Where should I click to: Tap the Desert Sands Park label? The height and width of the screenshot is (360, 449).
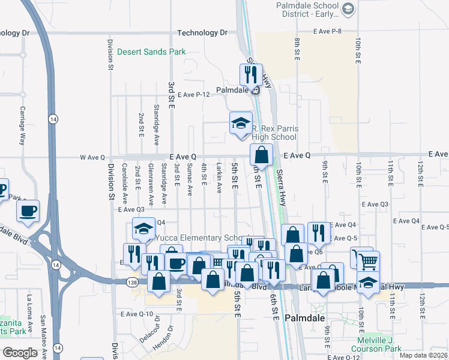point(151,52)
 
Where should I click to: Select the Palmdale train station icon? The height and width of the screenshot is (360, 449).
point(256,91)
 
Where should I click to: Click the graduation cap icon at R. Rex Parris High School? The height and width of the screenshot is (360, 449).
point(241,123)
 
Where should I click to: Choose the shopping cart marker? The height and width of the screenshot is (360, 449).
point(367,260)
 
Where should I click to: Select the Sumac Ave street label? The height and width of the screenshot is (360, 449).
point(190,179)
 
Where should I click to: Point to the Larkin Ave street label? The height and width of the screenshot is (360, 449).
point(219,178)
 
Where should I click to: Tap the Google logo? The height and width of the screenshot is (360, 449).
point(20,353)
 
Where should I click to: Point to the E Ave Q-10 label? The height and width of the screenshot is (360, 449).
point(137,314)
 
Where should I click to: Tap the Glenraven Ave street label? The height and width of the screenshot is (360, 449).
point(151,179)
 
